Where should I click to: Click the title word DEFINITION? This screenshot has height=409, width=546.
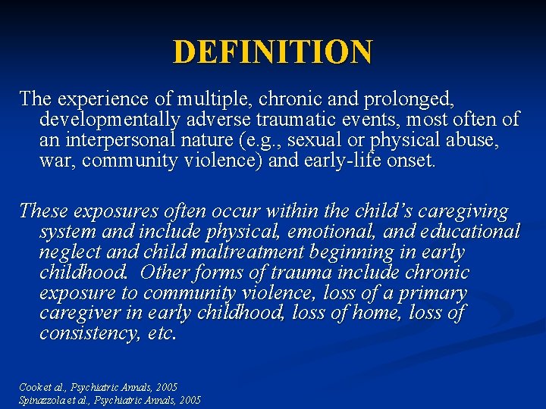click(x=273, y=52)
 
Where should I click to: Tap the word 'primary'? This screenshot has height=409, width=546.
click(x=428, y=292)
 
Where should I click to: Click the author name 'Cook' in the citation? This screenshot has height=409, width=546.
click(x=31, y=387)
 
